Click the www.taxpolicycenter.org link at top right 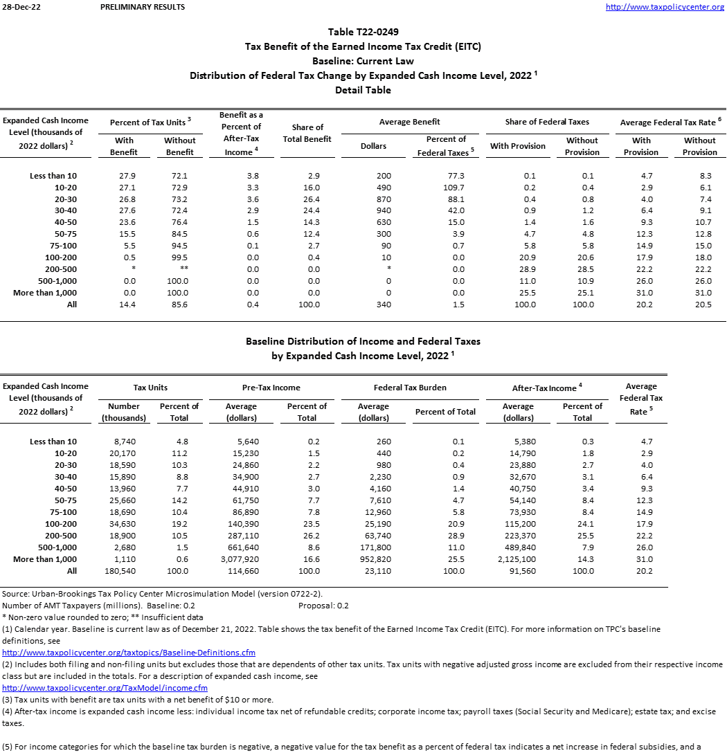pos(665,7)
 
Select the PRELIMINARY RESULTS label pos(143,7)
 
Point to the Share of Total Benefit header pos(307,133)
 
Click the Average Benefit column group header pos(410,122)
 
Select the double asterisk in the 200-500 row pos(179,269)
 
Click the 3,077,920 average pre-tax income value pos(241,559)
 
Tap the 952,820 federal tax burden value pos(373,559)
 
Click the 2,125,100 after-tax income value pos(517,559)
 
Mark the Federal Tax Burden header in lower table pos(410,388)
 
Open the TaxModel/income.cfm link pos(105,688)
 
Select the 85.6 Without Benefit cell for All pos(179,305)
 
